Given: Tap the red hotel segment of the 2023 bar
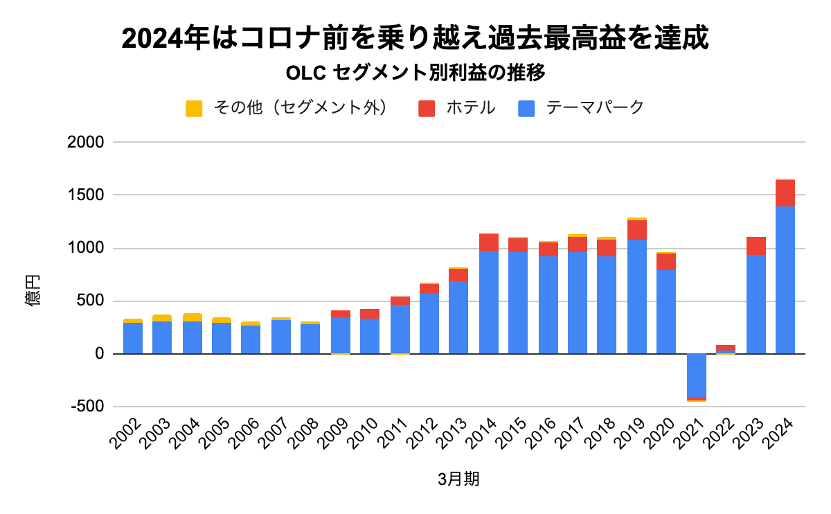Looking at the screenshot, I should tap(756, 246).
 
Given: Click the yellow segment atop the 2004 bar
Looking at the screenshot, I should tap(193, 317).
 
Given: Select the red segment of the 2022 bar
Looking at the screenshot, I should tap(726, 347).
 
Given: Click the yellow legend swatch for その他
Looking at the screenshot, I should tap(194, 108).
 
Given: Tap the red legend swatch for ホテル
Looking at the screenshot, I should tap(427, 108).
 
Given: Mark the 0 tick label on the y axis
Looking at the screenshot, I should tap(98, 354).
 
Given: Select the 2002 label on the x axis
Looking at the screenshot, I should tap(125, 434).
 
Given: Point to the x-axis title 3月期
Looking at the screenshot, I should tap(458, 480).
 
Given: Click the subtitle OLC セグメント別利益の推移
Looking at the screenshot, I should tap(416, 72).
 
